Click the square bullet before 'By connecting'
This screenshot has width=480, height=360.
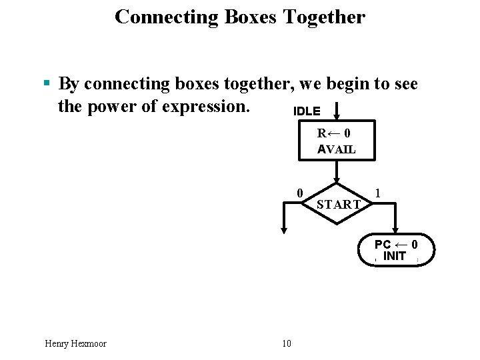(x=47, y=84)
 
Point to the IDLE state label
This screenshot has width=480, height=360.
(x=307, y=111)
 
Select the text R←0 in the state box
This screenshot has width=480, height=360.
(x=334, y=133)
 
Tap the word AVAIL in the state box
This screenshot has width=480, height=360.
(x=337, y=149)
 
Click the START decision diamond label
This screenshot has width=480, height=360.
(x=339, y=204)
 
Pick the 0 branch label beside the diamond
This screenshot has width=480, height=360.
(x=300, y=193)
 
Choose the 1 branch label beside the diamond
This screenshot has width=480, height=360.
(x=378, y=193)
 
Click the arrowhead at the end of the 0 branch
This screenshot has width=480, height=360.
(x=284, y=230)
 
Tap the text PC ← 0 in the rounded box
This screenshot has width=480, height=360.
(x=396, y=244)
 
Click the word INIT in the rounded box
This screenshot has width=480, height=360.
(x=395, y=256)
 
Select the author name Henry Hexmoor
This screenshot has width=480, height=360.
(x=75, y=343)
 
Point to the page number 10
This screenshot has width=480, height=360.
(x=287, y=343)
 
